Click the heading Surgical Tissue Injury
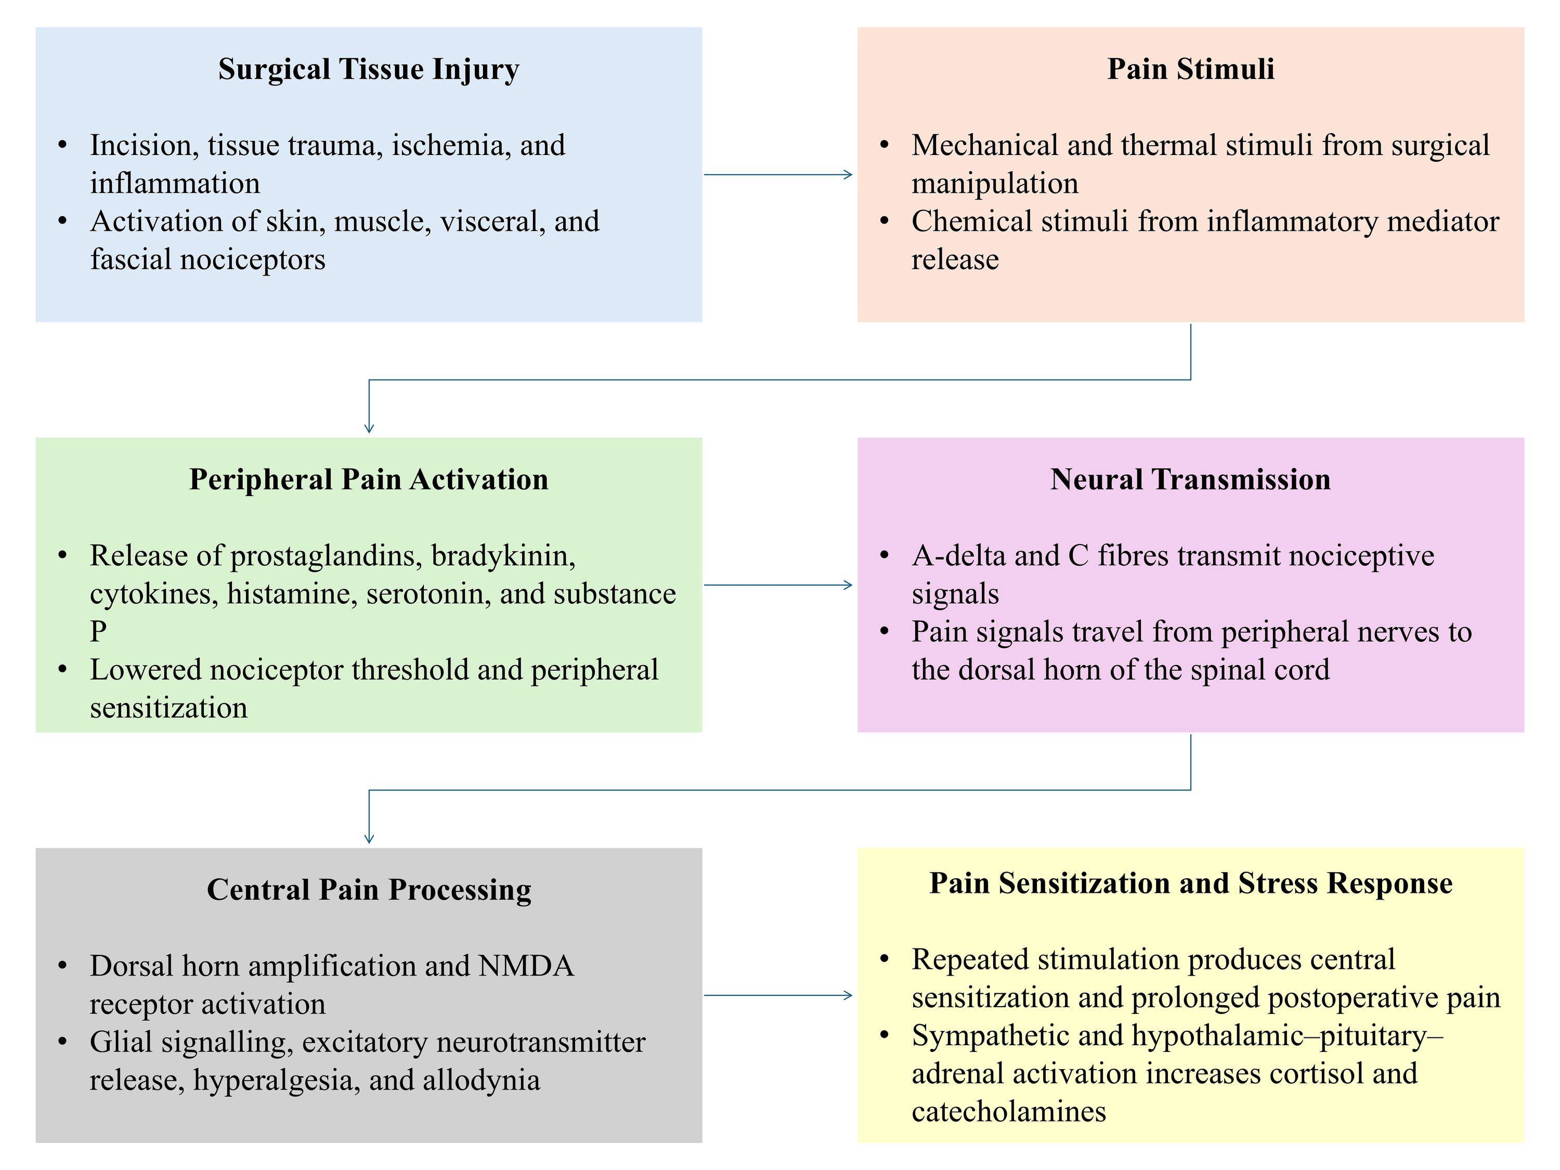[369, 70]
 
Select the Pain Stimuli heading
[1190, 69]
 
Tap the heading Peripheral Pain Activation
[369, 479]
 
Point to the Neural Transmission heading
[1190, 479]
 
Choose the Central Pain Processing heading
[369, 890]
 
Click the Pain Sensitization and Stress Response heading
[1190, 883]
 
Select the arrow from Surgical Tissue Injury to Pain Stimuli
[778, 174]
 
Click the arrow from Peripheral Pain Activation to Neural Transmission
[778, 584]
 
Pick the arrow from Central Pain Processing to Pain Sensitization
[778, 995]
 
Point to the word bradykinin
[503, 556]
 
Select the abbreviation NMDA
[526, 966]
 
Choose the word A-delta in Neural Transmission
[960, 556]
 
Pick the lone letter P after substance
[98, 632]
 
